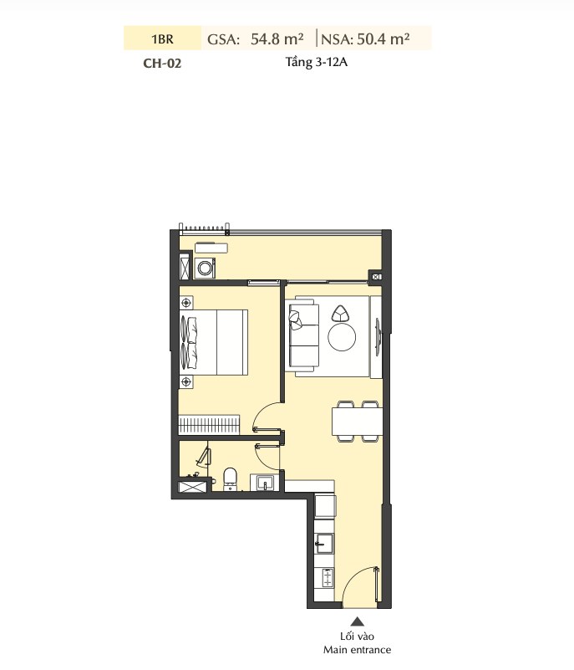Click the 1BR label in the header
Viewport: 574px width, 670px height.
point(162,38)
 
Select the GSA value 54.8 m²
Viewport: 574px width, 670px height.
point(277,38)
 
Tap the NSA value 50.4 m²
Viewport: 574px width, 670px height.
point(384,38)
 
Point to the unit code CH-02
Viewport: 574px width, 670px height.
point(162,64)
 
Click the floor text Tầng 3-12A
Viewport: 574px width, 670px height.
point(316,63)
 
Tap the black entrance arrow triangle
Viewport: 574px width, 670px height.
point(358,621)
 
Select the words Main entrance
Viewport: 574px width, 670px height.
point(358,650)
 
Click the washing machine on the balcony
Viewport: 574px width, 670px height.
point(205,269)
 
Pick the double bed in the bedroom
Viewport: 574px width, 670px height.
point(214,342)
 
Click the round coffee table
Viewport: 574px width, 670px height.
point(342,336)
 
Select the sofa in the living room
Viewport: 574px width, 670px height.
point(303,335)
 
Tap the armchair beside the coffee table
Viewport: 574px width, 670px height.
point(341,314)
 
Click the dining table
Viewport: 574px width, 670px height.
point(358,422)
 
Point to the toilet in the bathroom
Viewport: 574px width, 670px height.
point(230,478)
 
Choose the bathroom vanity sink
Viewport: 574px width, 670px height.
point(265,482)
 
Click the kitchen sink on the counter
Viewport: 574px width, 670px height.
point(324,543)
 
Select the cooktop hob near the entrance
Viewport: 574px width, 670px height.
point(327,578)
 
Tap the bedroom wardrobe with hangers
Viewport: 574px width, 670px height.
point(209,425)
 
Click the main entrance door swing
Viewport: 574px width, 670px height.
point(361,586)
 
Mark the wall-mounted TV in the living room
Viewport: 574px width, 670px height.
point(378,336)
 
